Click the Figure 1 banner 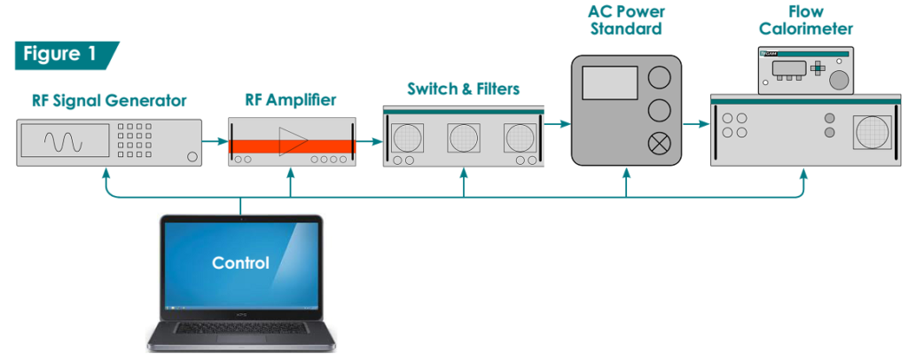point(67,55)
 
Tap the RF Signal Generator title point(109,101)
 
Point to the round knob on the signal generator point(192,157)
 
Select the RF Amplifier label point(290,100)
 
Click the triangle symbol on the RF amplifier point(293,141)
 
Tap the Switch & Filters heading point(463,90)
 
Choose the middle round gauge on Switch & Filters point(464,137)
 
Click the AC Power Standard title point(626,20)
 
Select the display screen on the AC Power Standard point(610,82)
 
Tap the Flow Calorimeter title point(805,20)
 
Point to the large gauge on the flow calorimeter point(873,132)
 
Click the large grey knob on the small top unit point(838,81)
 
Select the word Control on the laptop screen point(240,263)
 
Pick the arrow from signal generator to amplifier point(215,141)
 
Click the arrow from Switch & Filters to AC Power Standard point(558,123)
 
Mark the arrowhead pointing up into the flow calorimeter point(803,173)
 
